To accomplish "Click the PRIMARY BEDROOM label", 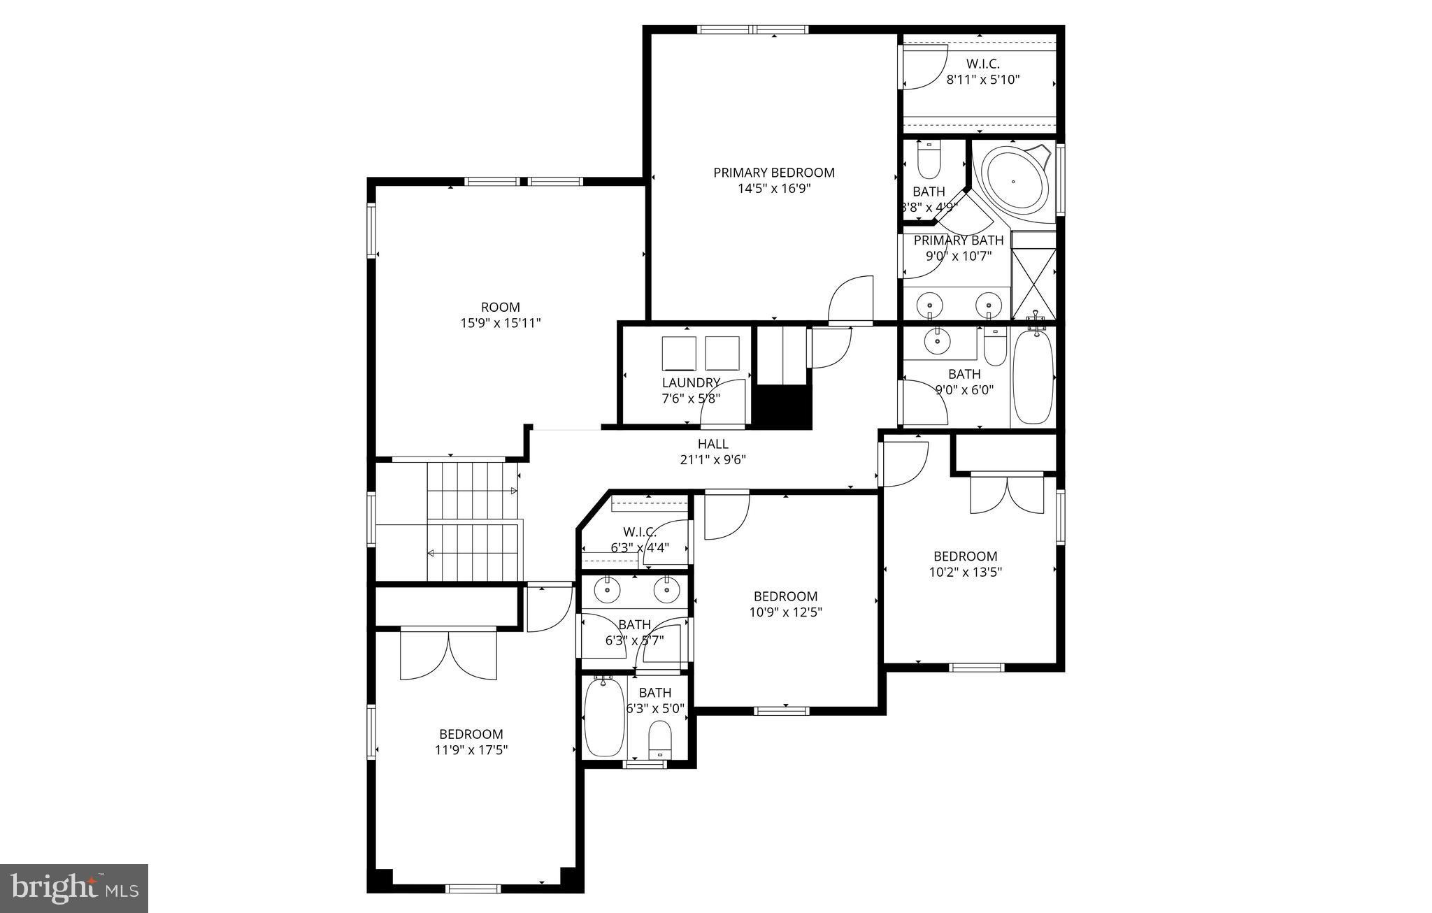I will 773,172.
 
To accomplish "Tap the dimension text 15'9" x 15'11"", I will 500,323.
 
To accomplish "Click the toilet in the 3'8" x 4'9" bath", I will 929,162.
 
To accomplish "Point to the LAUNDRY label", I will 691,382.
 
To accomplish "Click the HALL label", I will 713,444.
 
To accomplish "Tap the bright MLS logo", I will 74,889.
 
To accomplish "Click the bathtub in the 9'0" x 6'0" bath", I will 1033,377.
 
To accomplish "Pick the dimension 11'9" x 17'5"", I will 471,750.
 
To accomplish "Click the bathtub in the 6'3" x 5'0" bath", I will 604,717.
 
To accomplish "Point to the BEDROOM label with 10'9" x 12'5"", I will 785,596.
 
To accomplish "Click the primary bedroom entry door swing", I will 852,301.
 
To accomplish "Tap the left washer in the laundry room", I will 679,353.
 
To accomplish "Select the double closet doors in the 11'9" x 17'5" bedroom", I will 448,654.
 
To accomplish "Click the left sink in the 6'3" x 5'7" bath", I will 607,591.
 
